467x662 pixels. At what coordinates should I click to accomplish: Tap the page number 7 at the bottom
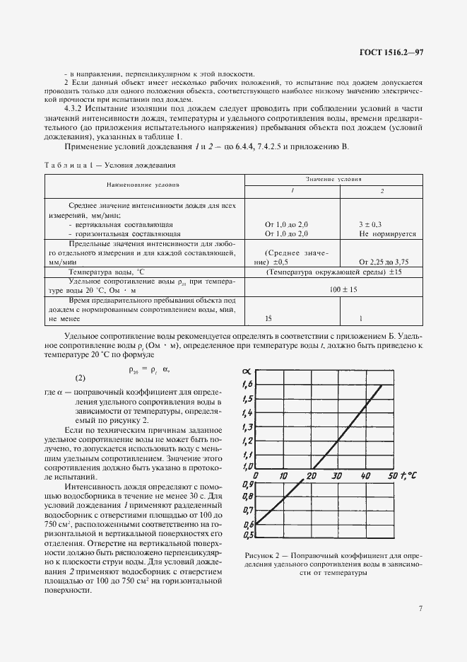click(x=420, y=608)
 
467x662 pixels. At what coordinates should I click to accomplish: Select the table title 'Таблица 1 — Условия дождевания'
click(x=111, y=165)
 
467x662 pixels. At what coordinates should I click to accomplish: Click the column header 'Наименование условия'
click(x=143, y=185)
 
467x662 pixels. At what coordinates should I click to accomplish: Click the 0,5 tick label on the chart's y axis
click(x=247, y=535)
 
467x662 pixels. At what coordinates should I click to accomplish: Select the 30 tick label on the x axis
click(x=338, y=476)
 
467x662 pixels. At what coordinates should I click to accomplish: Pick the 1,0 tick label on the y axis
click(x=247, y=467)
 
